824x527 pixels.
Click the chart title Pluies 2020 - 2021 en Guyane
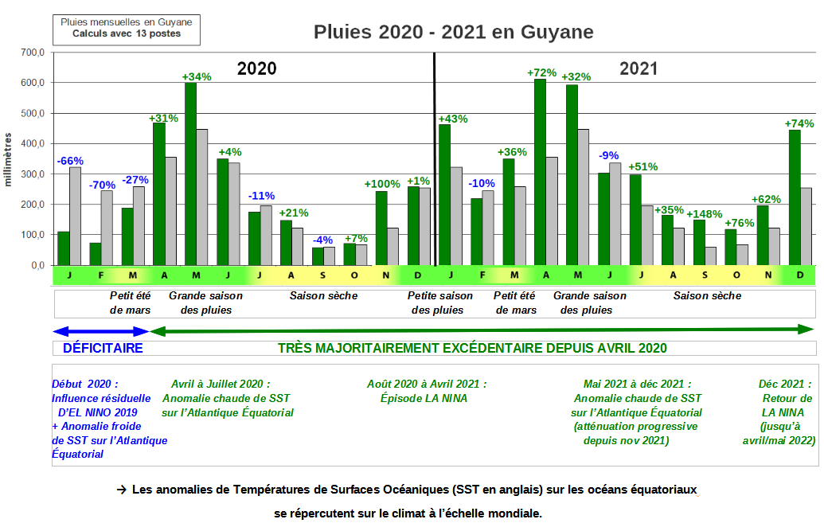point(453,32)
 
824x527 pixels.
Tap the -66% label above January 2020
point(69,161)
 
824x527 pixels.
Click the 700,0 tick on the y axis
point(33,53)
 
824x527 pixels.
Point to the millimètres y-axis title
point(9,159)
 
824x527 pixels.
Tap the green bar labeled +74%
point(794,199)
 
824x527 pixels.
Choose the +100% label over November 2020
point(382,185)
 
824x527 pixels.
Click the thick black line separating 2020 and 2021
point(435,159)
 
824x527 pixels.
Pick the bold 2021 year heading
point(639,68)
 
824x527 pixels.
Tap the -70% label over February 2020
point(102,185)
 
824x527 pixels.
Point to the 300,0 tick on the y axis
point(33,174)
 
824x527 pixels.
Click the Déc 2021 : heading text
point(785,384)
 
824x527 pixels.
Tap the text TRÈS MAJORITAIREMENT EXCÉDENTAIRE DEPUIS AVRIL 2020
point(472,349)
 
